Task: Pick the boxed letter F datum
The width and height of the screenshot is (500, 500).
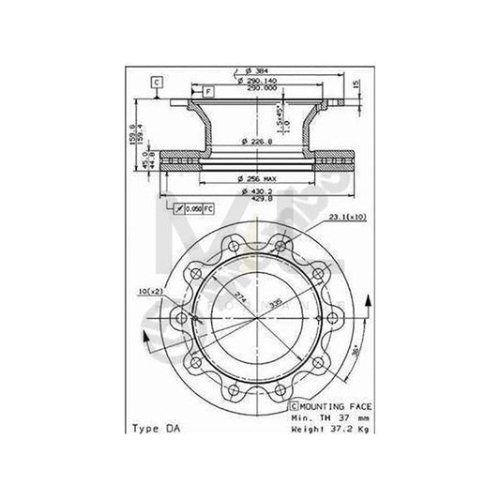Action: (208, 90)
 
